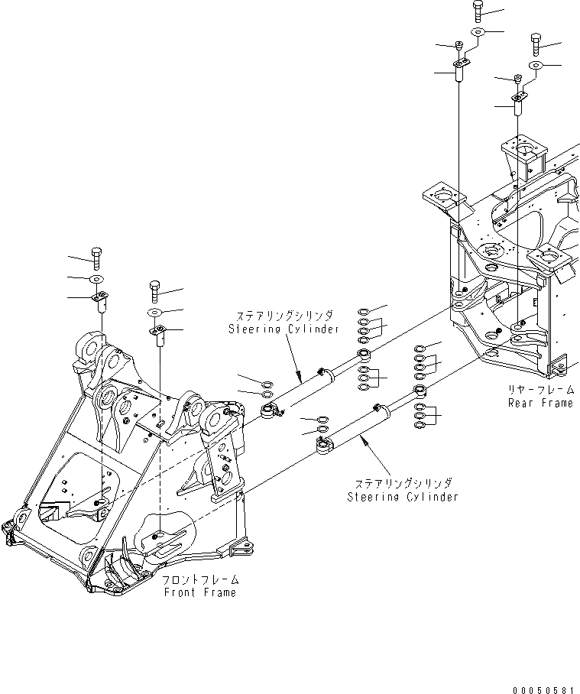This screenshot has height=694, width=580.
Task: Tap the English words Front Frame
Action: point(199,592)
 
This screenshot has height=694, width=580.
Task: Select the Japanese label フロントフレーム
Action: point(199,580)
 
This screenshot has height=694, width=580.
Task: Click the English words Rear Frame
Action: point(540,403)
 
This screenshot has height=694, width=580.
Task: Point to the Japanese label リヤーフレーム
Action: point(540,391)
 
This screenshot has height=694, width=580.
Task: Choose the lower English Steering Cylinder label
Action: point(403,497)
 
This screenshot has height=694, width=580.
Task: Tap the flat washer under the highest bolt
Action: point(478,32)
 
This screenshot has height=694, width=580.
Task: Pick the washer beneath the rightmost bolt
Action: point(536,66)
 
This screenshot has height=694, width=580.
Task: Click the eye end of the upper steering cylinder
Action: point(269,412)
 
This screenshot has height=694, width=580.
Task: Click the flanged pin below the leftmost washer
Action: point(98,300)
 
